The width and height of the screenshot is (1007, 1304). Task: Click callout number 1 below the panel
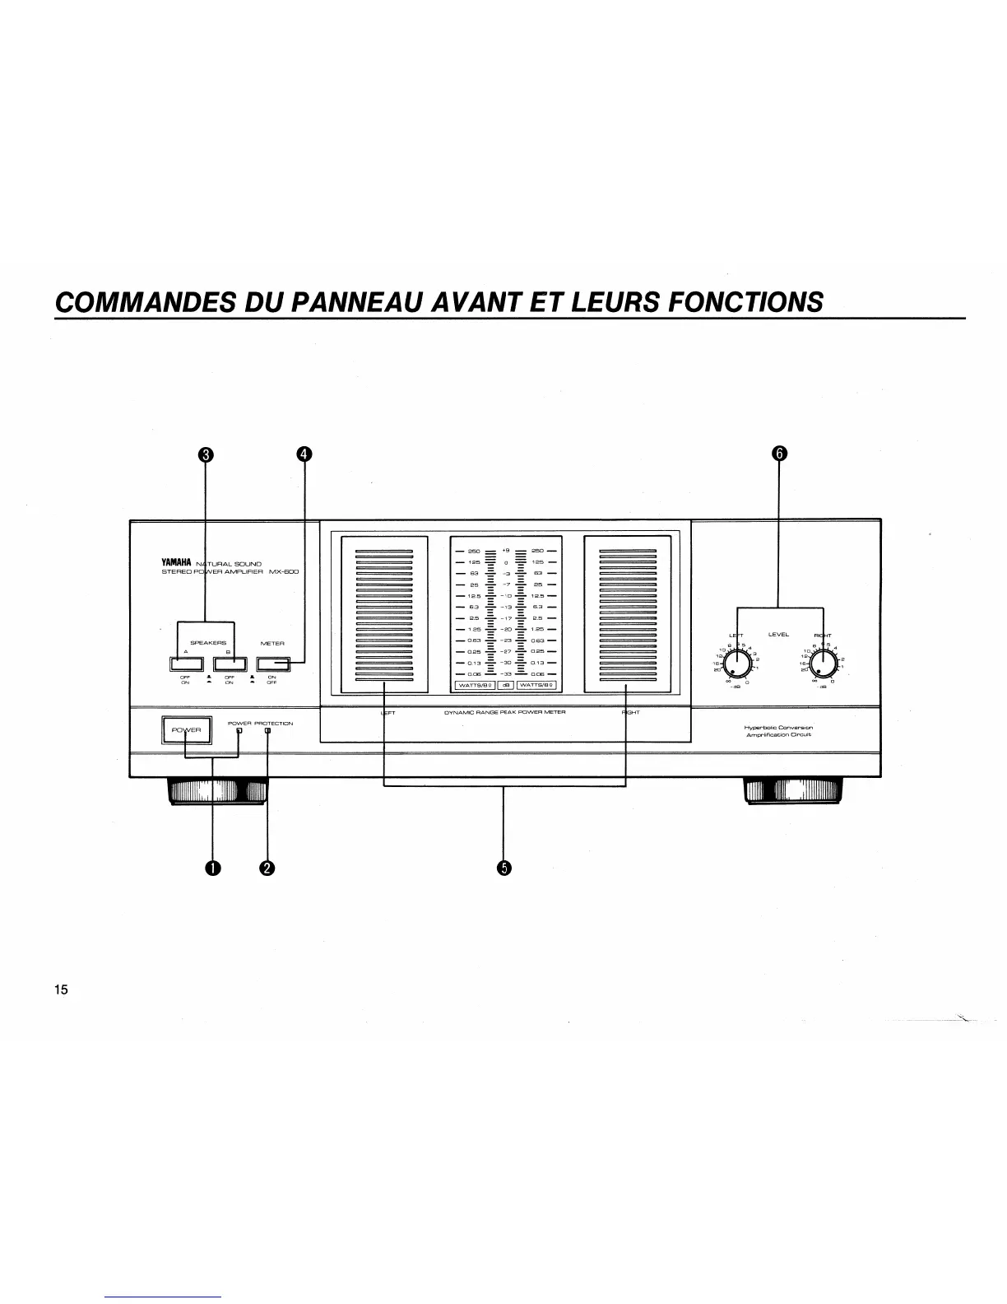[213, 867]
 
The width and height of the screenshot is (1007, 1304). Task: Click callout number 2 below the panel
[267, 867]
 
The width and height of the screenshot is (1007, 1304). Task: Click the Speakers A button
[187, 664]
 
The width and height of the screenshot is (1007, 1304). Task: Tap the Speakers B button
[230, 664]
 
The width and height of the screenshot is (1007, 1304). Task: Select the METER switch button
[273, 664]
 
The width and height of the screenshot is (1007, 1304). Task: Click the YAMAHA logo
[176, 562]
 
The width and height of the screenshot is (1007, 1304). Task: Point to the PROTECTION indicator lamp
[267, 731]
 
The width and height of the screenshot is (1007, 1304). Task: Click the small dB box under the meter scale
[506, 685]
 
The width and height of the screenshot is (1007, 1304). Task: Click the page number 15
[61, 990]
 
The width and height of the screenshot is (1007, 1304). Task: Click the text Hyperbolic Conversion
[778, 728]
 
